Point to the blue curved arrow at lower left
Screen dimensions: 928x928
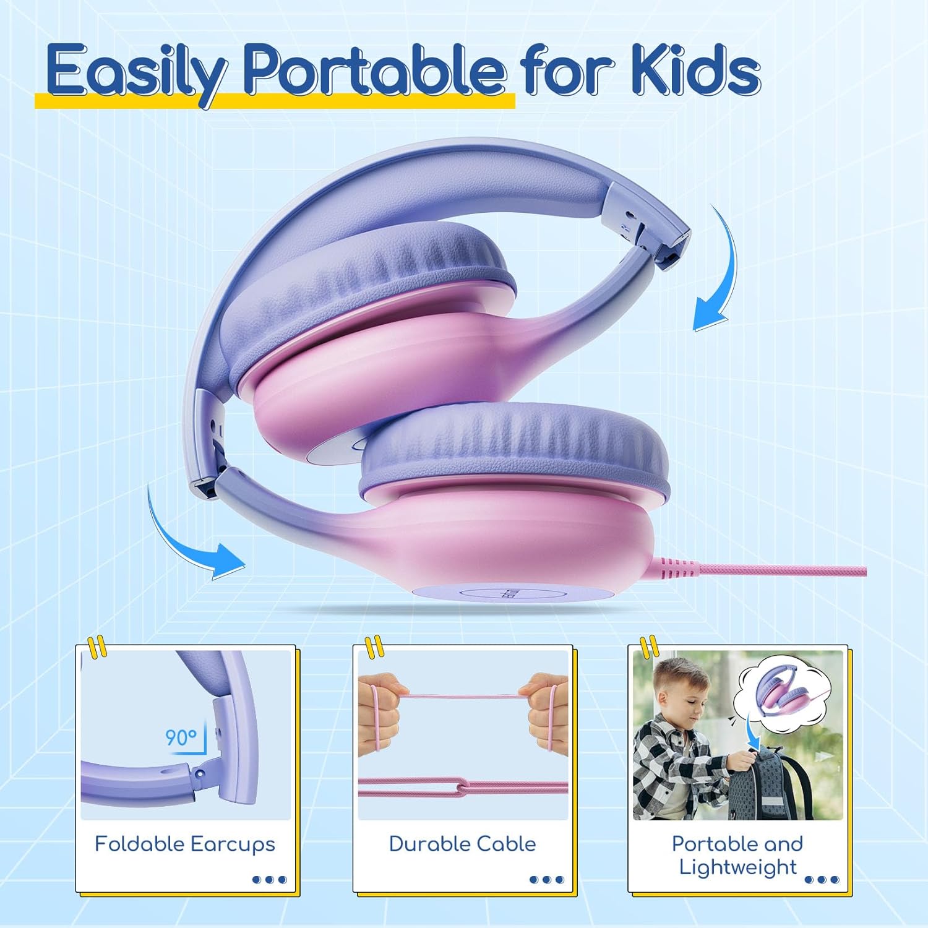(x=186, y=538)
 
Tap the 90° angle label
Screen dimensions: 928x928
(x=181, y=737)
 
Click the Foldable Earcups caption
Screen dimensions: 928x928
(x=184, y=844)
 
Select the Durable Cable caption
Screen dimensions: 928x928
(x=462, y=844)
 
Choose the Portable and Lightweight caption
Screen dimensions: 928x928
(x=737, y=855)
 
